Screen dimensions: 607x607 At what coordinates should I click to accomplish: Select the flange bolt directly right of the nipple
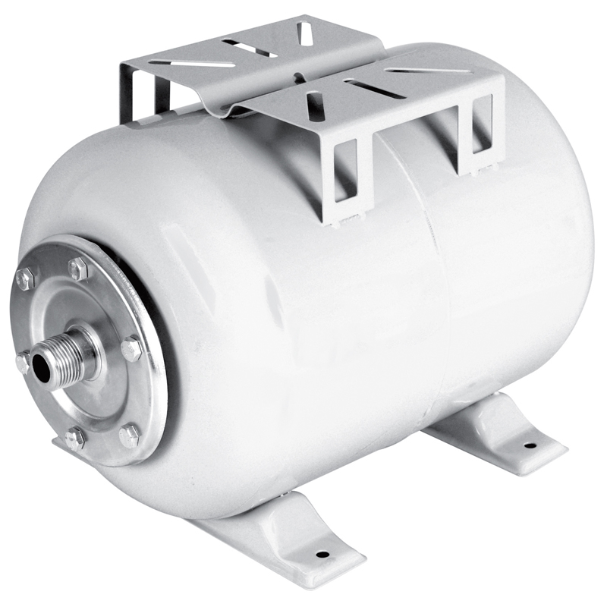point(131,348)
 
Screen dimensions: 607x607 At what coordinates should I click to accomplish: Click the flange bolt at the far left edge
point(23,363)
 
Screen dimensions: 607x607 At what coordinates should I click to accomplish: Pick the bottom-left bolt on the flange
point(74,438)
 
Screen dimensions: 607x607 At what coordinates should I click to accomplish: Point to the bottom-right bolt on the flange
point(129,435)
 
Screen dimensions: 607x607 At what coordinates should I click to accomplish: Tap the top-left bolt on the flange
point(25,278)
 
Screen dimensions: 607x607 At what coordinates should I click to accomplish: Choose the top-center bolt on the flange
point(78,268)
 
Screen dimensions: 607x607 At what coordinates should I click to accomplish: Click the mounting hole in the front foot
point(322,554)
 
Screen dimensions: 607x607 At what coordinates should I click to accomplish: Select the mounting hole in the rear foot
point(529,445)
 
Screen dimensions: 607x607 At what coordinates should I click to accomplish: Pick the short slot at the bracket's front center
point(314,104)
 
